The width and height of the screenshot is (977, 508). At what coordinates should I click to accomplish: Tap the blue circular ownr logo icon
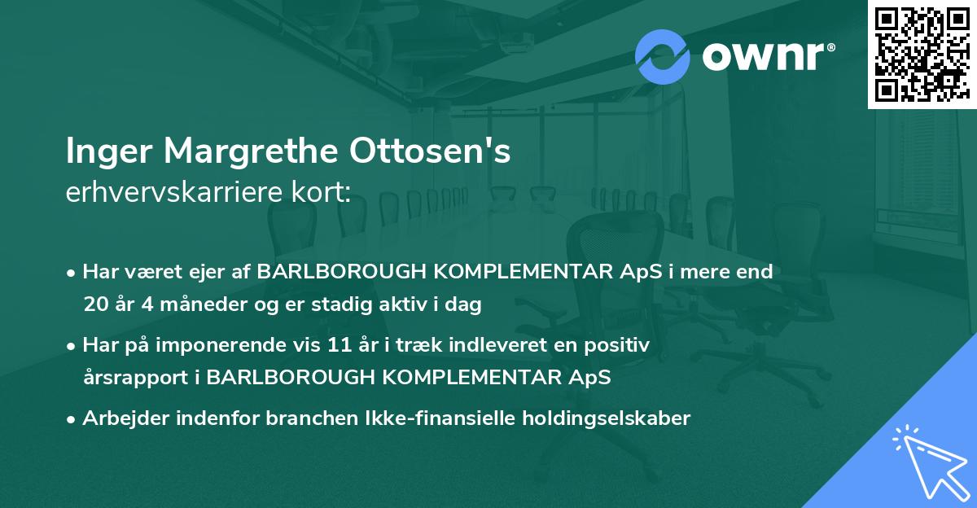(x=662, y=56)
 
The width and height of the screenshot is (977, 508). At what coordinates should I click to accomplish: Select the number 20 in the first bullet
(x=94, y=305)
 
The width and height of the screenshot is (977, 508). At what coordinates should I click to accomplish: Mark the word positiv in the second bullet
(x=621, y=345)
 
